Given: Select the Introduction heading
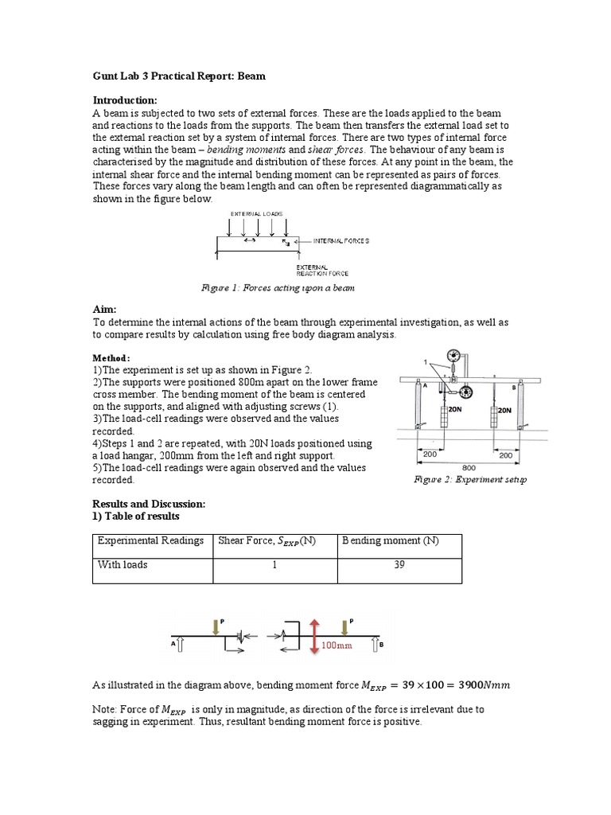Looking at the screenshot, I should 125,99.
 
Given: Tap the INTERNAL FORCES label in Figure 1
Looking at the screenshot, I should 341,240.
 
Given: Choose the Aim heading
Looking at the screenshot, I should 105,308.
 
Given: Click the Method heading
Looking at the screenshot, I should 111,358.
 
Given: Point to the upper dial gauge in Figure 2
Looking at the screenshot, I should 456,356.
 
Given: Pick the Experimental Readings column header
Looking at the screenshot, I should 150,540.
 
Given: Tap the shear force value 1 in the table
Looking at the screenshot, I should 274,564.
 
